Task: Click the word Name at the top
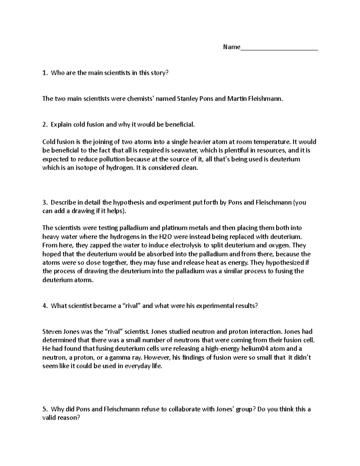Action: tap(231, 47)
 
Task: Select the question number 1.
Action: tap(45, 73)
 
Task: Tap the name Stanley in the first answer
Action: tap(187, 99)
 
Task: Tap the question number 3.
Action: tap(45, 203)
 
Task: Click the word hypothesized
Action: tap(285, 263)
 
